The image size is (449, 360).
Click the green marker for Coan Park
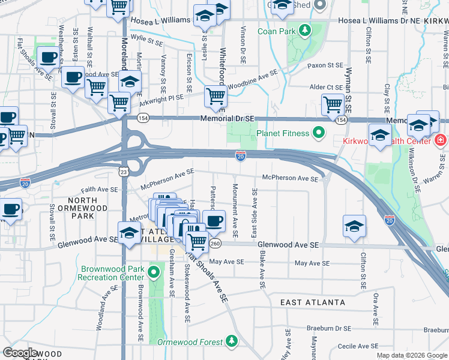coord(304,30)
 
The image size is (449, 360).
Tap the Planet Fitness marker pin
coord(319,132)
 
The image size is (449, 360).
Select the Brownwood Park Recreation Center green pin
coord(153,272)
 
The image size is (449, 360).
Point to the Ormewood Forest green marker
coord(232,342)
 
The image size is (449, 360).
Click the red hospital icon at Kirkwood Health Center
coord(440,140)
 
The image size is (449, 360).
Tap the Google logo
coord(20,353)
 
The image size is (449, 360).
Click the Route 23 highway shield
coord(123,172)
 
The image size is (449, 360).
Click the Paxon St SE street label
coord(325,65)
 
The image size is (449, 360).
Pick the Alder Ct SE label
coord(325,88)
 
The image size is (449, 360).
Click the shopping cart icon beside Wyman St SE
coord(332,104)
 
